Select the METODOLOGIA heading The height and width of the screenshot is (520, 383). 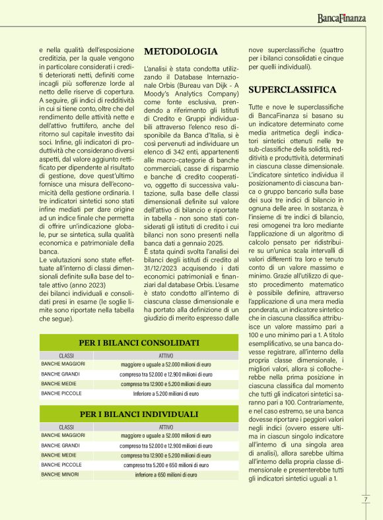[180, 51]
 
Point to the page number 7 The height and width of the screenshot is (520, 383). [365, 498]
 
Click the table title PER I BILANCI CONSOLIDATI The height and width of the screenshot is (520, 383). [139, 343]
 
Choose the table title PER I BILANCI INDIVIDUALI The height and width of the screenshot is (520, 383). [139, 414]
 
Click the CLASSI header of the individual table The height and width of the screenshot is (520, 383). [66, 426]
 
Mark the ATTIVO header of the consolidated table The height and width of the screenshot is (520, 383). [166, 355]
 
